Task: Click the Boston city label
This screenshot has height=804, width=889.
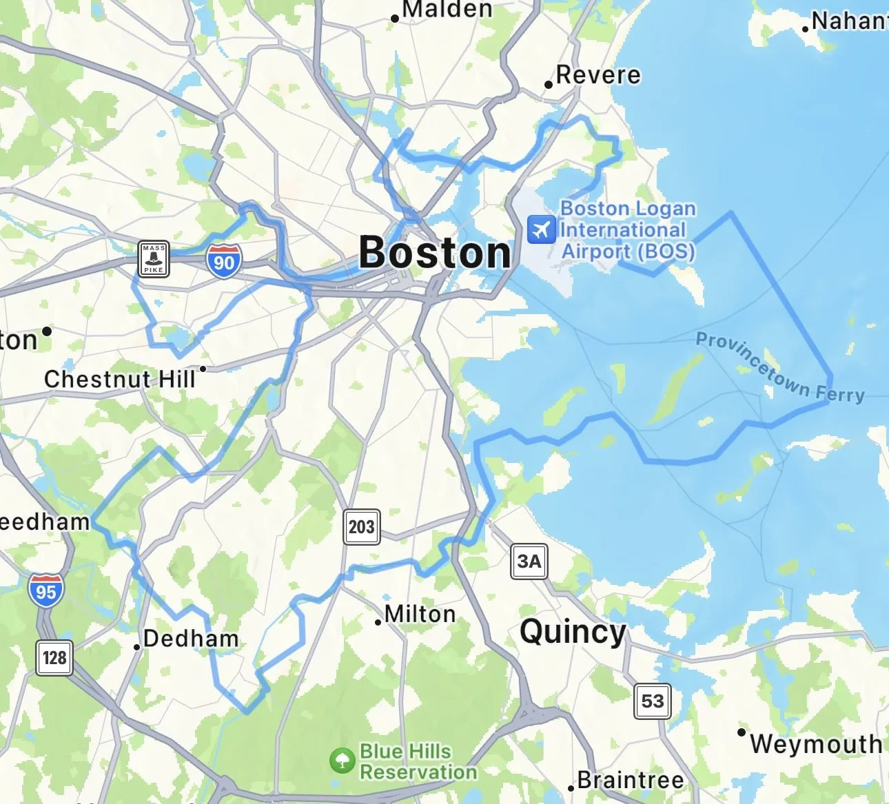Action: click(x=435, y=252)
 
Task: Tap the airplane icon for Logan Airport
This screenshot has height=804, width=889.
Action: click(x=542, y=229)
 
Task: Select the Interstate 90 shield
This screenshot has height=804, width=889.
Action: click(x=223, y=261)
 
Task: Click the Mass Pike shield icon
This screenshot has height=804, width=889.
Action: click(x=154, y=259)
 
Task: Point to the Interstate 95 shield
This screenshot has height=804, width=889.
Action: click(x=46, y=590)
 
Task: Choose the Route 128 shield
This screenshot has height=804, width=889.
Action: click(x=54, y=657)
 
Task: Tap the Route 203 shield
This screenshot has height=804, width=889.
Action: click(x=361, y=527)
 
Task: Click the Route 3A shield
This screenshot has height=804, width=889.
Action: click(x=529, y=561)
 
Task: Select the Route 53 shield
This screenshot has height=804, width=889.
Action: click(x=652, y=701)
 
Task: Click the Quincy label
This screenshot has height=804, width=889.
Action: click(x=573, y=631)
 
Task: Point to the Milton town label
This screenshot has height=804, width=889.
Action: click(x=420, y=614)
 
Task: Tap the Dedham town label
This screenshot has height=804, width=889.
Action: click(x=191, y=639)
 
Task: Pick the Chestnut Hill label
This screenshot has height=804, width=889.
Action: click(x=120, y=378)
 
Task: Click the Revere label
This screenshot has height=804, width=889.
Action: click(x=598, y=74)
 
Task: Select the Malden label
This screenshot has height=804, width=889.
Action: click(x=447, y=10)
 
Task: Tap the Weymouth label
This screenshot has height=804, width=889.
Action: click(x=816, y=743)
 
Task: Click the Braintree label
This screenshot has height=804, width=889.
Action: click(x=631, y=780)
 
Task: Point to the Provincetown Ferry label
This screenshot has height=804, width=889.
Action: click(x=779, y=368)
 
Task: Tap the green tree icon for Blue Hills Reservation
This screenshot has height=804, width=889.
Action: click(x=342, y=761)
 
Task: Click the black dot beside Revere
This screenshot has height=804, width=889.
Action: click(x=549, y=85)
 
